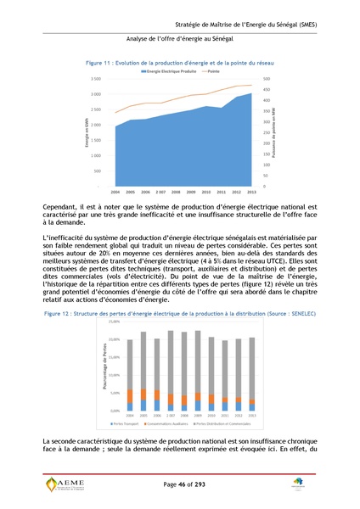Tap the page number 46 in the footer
click(x=180, y=483)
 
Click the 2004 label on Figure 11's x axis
click(x=115, y=193)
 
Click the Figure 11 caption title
click(x=180, y=63)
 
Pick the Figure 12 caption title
click(x=180, y=313)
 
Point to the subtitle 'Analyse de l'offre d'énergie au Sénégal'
click(x=179, y=39)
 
